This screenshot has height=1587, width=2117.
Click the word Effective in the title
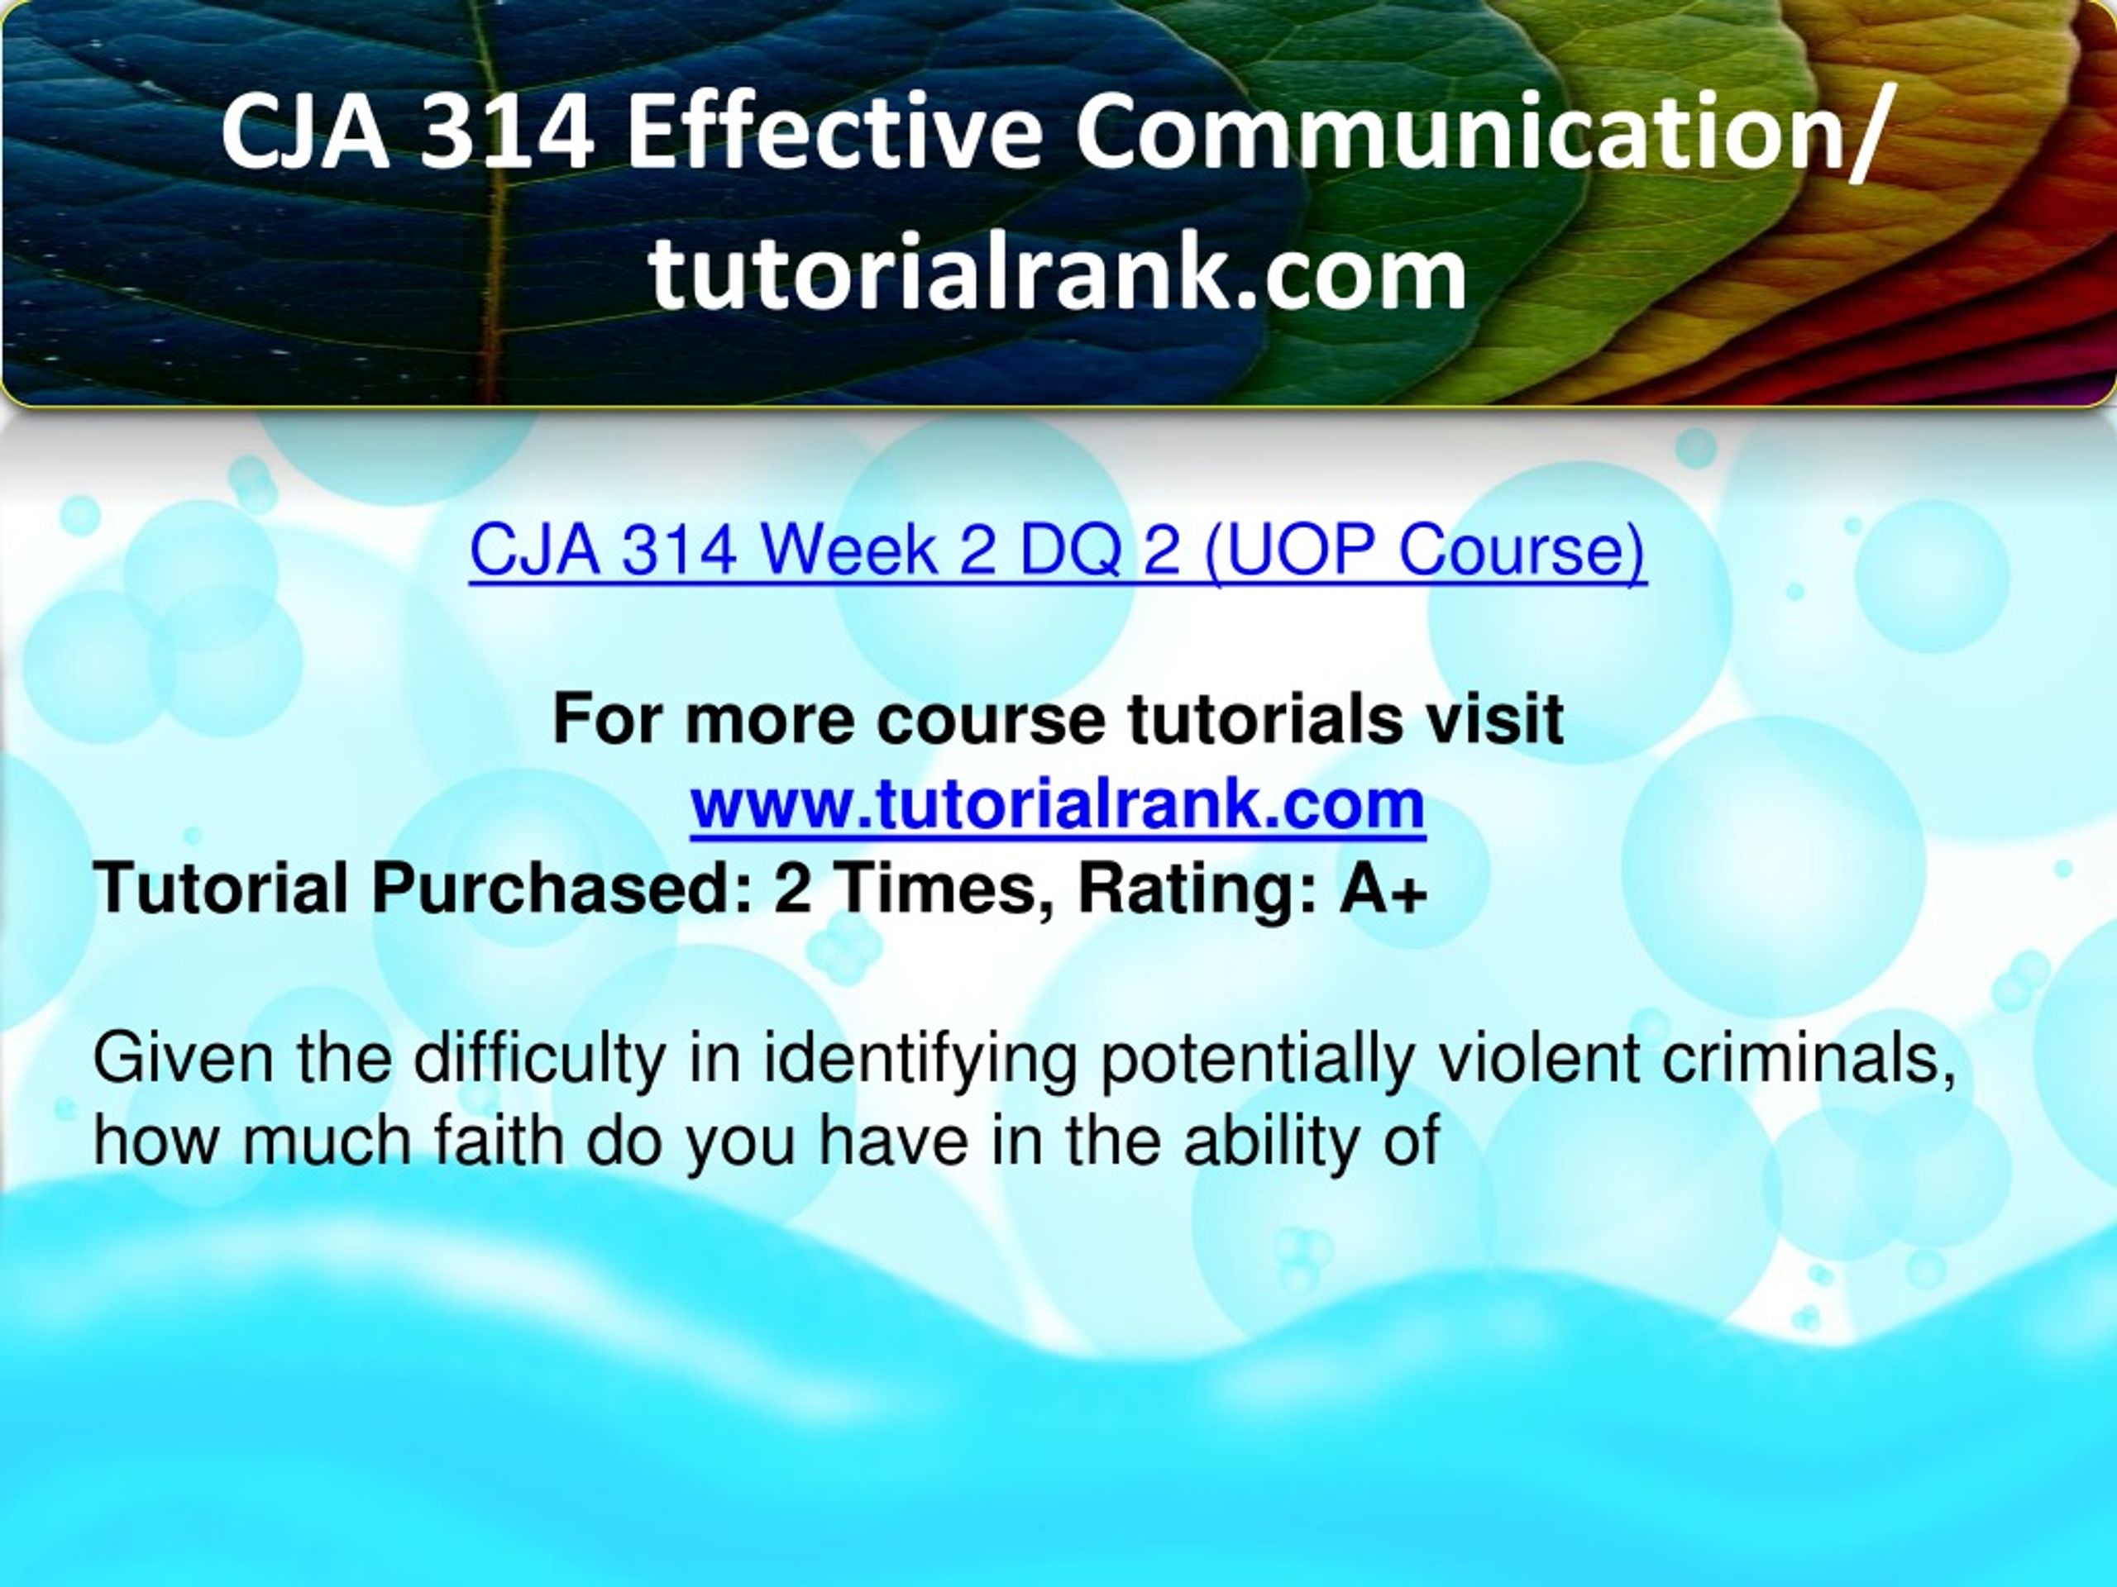(834, 135)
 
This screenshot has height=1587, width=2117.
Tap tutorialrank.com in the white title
(1058, 274)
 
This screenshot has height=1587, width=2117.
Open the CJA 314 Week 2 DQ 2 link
(1058, 552)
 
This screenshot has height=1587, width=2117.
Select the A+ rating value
(1383, 889)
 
